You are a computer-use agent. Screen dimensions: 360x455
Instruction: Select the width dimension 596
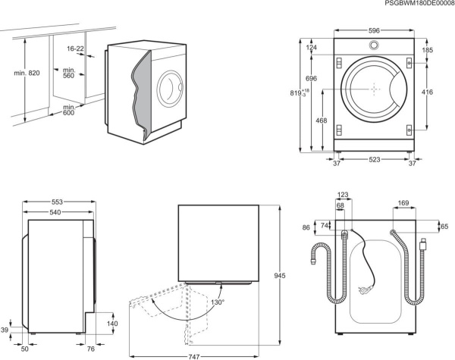[x=375, y=31]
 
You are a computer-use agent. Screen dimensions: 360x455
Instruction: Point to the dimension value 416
[x=428, y=92]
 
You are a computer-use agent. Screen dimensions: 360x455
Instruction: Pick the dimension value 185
[x=428, y=51]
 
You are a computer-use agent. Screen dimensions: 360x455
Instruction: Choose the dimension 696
[x=312, y=79]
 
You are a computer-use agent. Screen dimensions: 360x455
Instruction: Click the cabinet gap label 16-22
[x=75, y=49]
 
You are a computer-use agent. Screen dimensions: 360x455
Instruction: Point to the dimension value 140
[x=112, y=324]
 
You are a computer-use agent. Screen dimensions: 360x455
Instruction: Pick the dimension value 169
[x=403, y=203]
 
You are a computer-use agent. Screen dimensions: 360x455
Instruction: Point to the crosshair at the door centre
[x=375, y=89]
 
